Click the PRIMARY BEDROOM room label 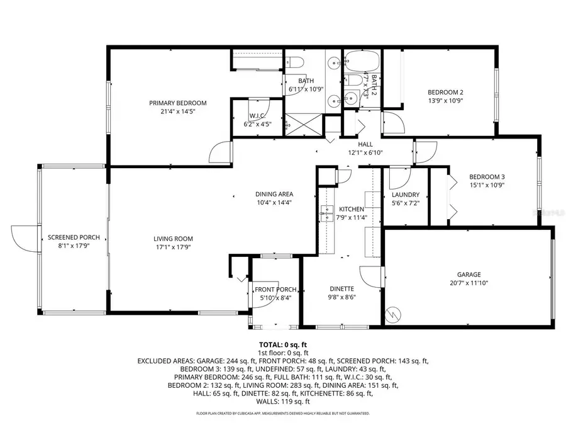[177, 103]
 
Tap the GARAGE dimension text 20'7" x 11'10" [469, 283]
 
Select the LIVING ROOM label [173, 239]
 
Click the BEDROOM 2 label [445, 92]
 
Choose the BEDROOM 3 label [487, 176]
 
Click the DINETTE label [342, 289]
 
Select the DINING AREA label [274, 194]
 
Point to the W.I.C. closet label [256, 116]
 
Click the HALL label [365, 144]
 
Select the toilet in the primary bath [296, 62]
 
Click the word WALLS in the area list [269, 401]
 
